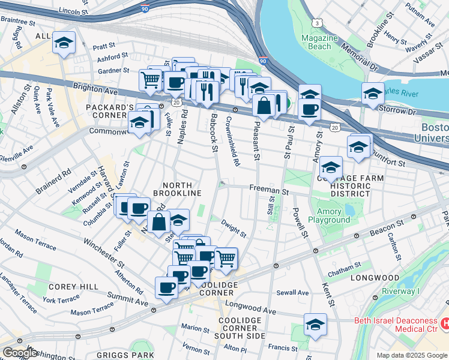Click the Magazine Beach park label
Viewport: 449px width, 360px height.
(315, 42)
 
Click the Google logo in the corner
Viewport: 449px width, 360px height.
(20, 353)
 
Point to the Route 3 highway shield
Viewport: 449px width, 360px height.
(316, 23)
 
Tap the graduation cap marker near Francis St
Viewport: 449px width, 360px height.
(315, 325)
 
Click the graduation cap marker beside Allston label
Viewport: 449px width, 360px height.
(64, 43)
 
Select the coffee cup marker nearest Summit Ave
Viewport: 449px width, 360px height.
(166, 287)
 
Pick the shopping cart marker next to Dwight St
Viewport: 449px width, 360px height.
(226, 259)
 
